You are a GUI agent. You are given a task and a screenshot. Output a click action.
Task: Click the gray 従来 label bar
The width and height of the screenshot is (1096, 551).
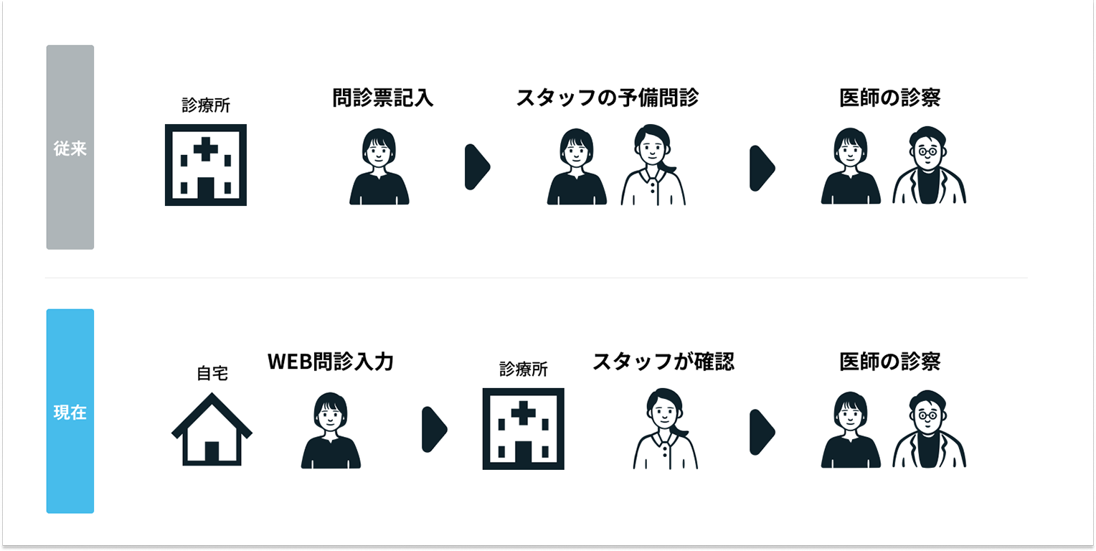(70, 147)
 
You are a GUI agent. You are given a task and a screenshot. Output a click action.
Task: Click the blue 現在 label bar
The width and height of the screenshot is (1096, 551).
(70, 411)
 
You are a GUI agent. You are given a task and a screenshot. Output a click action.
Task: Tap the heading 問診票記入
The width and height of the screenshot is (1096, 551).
(382, 98)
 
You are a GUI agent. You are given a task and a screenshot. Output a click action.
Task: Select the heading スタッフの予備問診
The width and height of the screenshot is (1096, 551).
(608, 98)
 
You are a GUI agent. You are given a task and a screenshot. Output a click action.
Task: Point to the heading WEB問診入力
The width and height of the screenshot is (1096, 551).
(331, 362)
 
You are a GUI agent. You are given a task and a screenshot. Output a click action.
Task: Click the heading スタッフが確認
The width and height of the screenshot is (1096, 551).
(663, 362)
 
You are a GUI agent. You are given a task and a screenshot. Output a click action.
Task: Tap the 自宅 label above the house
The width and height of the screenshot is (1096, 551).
(212, 373)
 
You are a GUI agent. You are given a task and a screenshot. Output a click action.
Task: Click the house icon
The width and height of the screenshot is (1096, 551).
(212, 429)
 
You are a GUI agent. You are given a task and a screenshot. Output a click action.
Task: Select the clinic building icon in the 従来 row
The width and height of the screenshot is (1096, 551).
(205, 165)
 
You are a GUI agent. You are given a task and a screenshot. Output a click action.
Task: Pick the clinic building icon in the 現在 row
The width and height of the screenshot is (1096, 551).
(523, 428)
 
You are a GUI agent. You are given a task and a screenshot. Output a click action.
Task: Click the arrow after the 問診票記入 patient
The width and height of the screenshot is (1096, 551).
(477, 167)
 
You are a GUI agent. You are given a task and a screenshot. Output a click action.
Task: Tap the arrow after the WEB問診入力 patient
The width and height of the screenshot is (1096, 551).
(435, 430)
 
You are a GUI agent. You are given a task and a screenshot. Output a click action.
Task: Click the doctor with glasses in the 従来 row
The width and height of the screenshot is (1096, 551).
(929, 165)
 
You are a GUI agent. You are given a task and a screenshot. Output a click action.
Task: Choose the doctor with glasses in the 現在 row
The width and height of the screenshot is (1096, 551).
(929, 429)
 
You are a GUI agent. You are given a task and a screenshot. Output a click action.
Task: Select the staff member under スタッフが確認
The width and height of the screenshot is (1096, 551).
(666, 428)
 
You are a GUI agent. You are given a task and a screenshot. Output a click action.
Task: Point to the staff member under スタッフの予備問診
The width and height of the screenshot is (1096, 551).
(653, 165)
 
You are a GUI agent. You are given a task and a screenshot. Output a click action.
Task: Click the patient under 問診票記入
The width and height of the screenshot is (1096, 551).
(379, 166)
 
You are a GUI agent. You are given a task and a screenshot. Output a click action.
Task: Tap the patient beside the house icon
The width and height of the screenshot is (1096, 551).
(331, 430)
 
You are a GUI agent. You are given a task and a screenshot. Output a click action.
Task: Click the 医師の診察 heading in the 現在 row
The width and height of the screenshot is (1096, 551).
(890, 362)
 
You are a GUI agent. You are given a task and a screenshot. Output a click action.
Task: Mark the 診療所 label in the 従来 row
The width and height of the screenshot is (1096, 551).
(205, 105)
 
